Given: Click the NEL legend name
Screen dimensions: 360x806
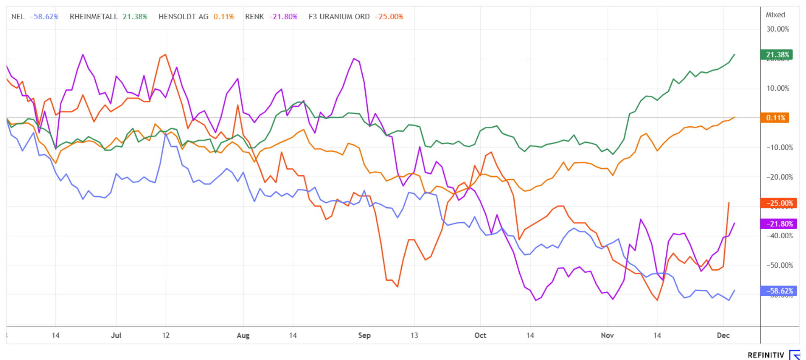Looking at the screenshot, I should tap(18, 17).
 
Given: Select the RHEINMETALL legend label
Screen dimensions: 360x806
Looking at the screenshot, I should tap(94, 17).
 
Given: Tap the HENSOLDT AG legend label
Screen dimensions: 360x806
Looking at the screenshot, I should tap(183, 17).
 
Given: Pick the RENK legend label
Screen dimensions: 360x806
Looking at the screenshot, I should tap(254, 17).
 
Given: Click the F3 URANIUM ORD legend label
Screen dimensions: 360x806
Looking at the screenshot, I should tap(339, 17).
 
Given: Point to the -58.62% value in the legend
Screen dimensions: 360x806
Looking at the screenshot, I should tap(44, 17).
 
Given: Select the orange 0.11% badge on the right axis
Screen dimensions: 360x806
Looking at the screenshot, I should tap(775, 118).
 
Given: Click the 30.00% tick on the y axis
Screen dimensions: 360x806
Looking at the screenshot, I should tap(777, 29).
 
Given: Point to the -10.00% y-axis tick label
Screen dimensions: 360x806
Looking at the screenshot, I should tap(780, 147).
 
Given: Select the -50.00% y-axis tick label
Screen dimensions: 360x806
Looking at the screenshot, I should tap(780, 265).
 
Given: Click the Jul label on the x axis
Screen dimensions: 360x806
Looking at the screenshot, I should tap(116, 335).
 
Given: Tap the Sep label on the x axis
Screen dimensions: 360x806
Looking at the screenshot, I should tap(364, 335).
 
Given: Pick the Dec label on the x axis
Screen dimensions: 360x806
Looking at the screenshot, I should tap(723, 335).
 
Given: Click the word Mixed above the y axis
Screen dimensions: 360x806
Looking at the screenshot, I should tap(775, 15).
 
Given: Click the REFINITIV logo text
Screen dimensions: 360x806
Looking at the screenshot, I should tap(766, 355).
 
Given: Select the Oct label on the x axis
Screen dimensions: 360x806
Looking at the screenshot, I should tap(480, 335).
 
